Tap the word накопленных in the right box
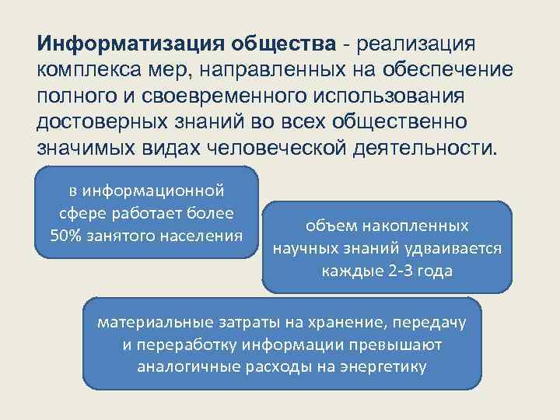[x=424, y=226]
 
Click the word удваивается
[x=456, y=250]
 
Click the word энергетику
[x=383, y=367]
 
